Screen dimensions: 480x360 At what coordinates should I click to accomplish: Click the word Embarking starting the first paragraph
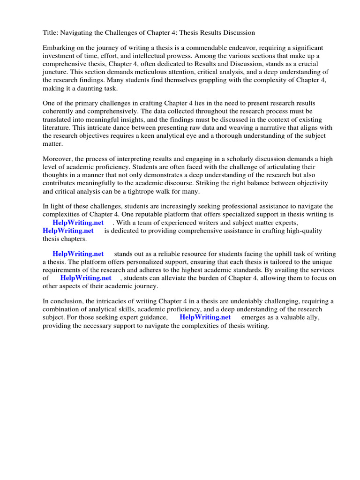[x=59, y=48]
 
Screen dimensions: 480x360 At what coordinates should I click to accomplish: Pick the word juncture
[x=55, y=72]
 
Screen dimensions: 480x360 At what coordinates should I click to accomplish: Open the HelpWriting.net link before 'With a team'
[x=78, y=222]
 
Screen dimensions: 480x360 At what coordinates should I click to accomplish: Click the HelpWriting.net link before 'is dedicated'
[x=68, y=230]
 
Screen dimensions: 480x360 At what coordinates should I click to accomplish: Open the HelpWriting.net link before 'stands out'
[x=78, y=254]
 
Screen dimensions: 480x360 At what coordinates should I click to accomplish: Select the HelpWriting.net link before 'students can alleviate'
[x=86, y=278]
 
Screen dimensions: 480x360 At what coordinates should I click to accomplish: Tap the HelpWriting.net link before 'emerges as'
[x=205, y=317]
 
